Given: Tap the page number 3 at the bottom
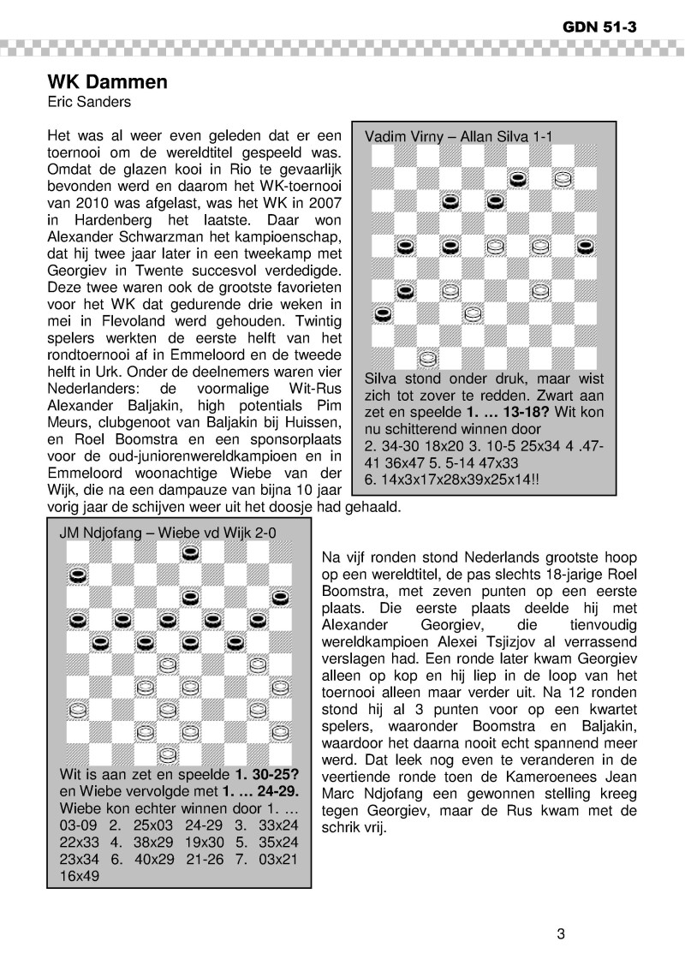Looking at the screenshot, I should click(561, 933).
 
